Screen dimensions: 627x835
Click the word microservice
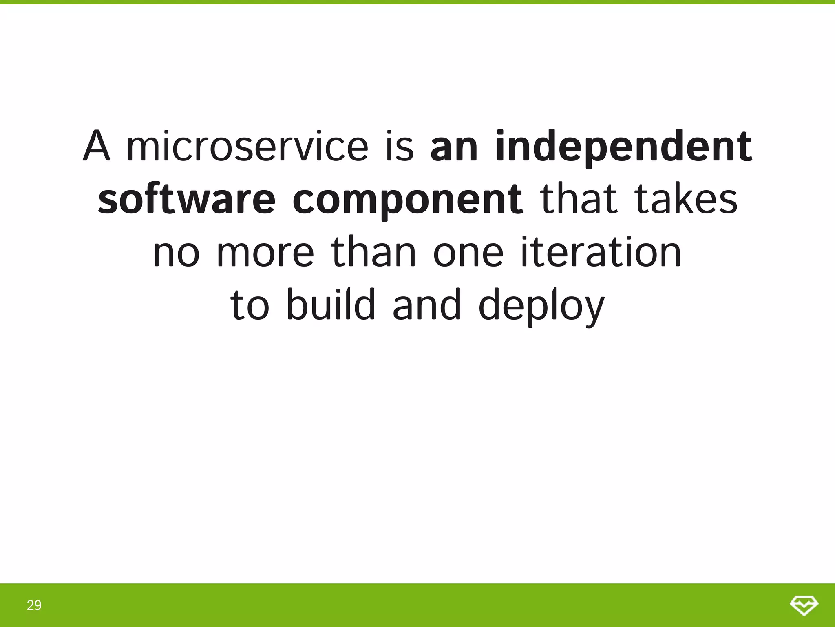[x=247, y=146]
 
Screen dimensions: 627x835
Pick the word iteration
[x=601, y=252]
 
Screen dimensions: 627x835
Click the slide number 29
[x=34, y=605]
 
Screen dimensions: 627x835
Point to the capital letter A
[x=97, y=146]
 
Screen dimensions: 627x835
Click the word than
[x=373, y=252]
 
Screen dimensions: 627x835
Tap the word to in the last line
[x=250, y=305]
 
